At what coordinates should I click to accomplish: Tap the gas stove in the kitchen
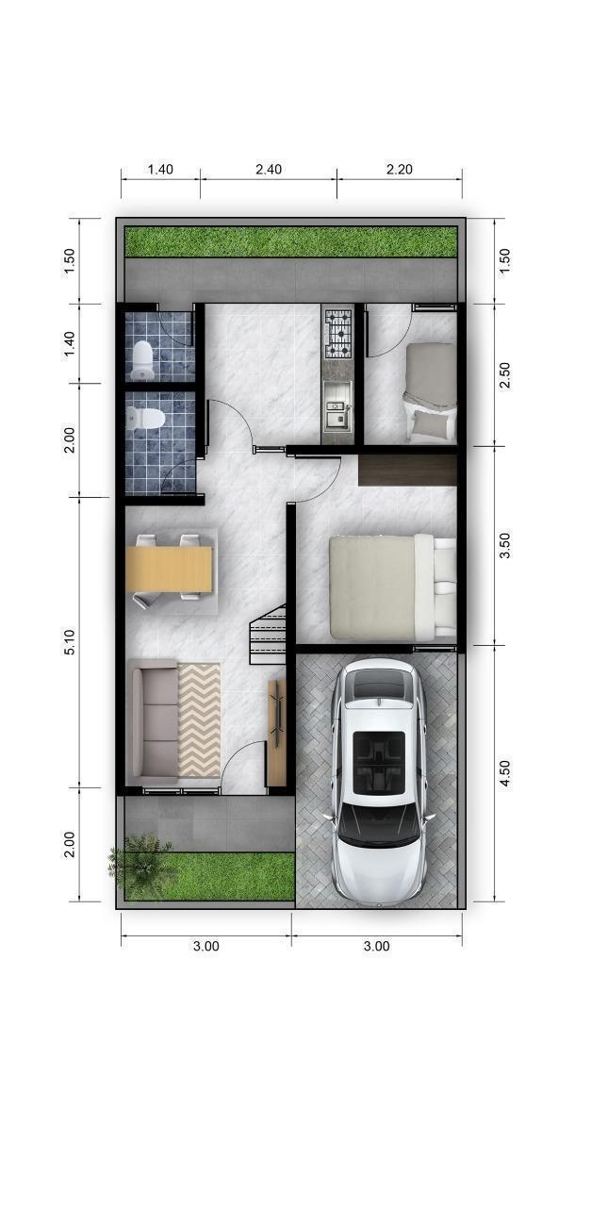(337, 335)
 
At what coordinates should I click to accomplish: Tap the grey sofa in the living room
(153, 722)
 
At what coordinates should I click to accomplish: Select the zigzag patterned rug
(199, 720)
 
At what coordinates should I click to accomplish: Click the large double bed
(393, 587)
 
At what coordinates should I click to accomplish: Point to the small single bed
(431, 393)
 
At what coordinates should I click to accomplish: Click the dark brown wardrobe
(407, 471)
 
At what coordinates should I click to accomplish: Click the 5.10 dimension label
(71, 642)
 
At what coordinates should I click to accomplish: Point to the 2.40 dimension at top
(269, 170)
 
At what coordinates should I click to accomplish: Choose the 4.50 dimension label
(505, 773)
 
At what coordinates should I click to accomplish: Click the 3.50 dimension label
(505, 545)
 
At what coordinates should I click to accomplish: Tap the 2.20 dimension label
(400, 170)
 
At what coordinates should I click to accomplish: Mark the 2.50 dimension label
(505, 375)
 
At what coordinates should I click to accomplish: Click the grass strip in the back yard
(291, 242)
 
